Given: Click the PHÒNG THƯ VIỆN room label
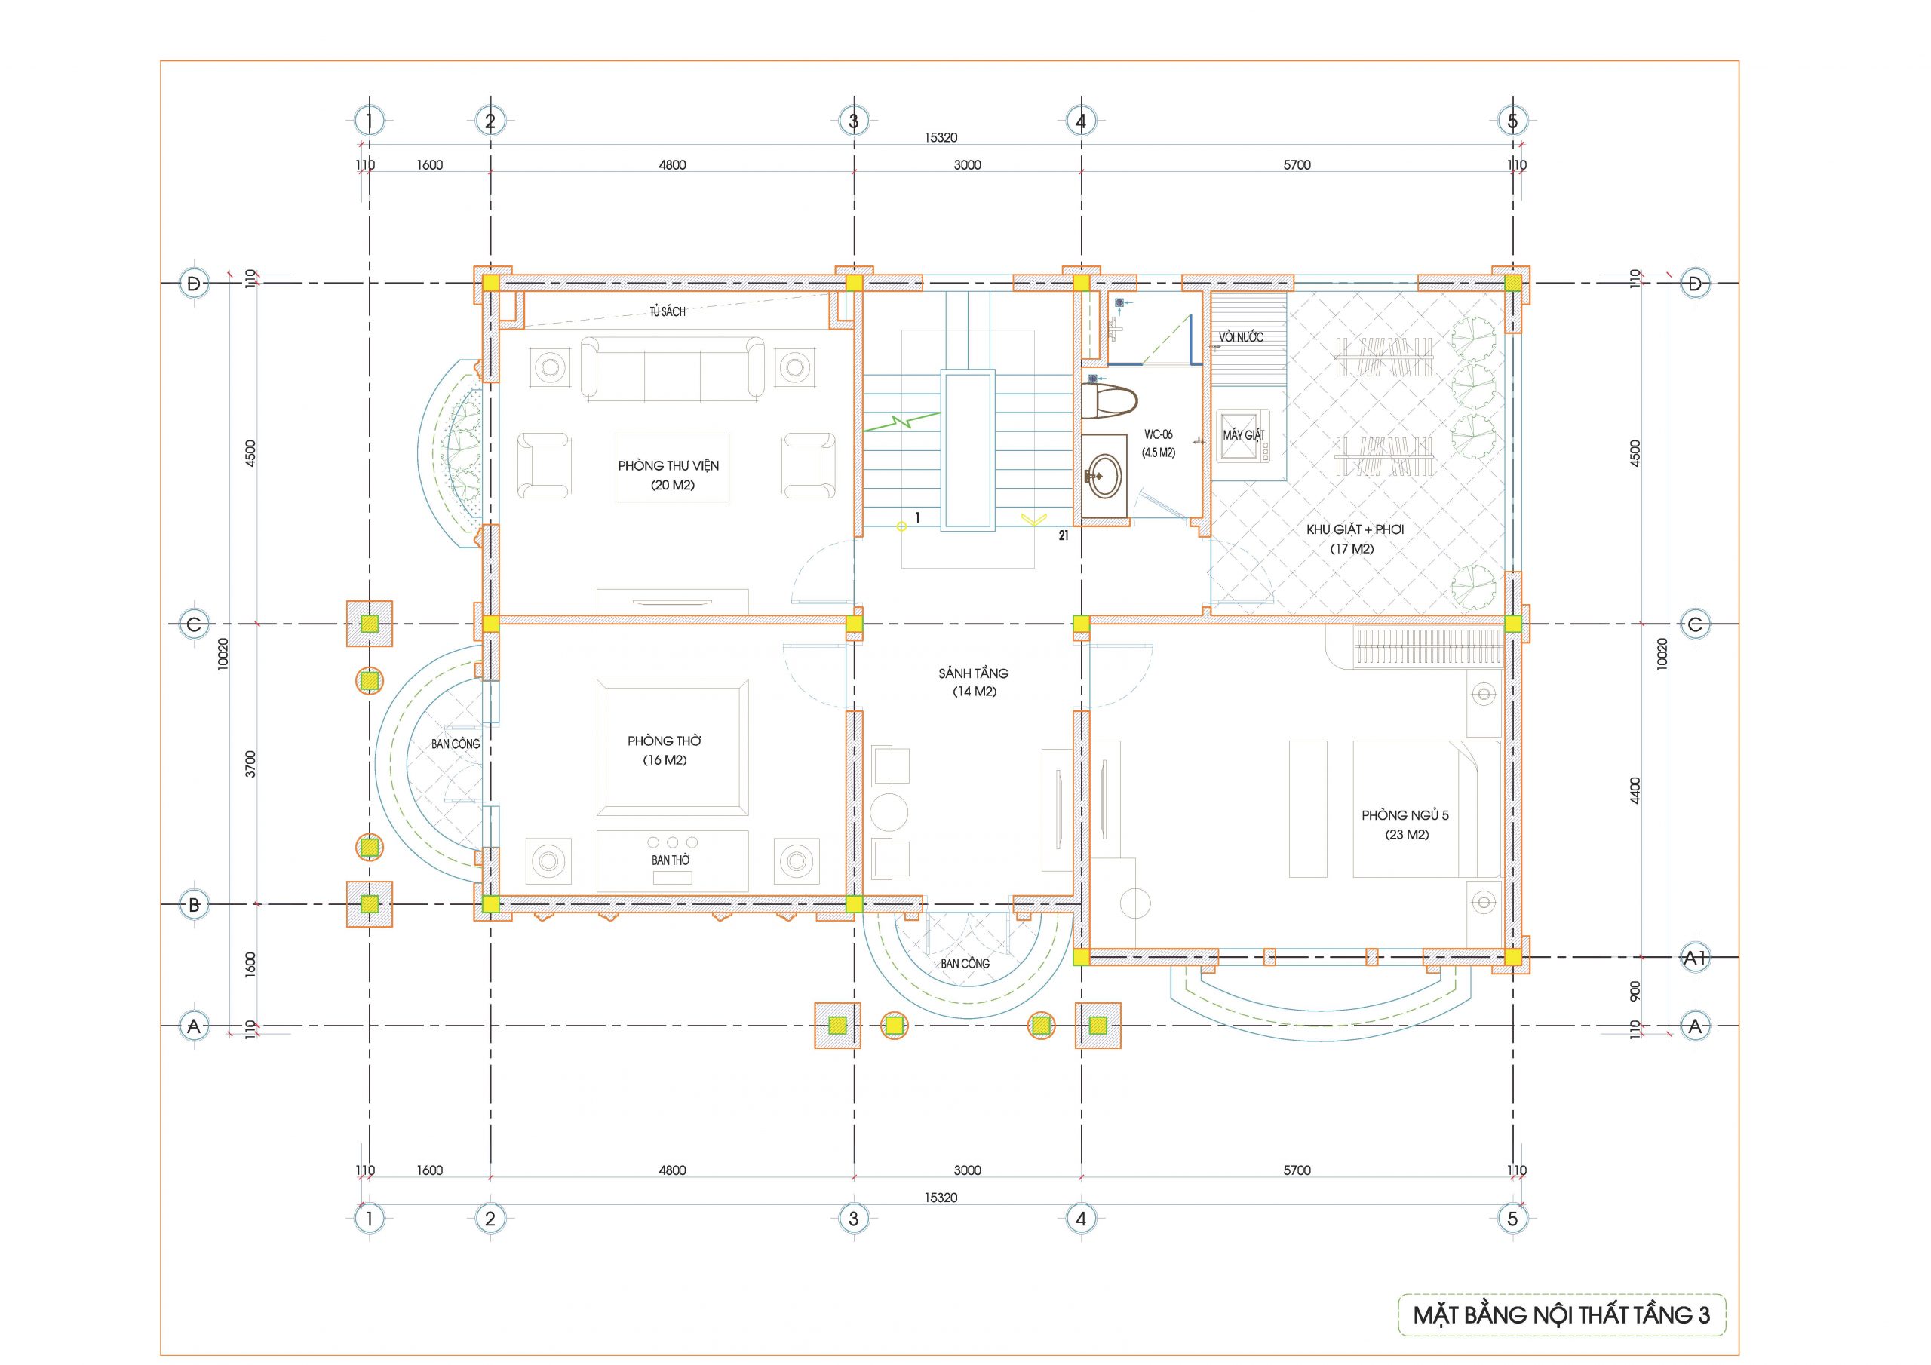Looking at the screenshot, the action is (668, 466).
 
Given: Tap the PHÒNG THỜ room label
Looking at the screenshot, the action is (665, 741).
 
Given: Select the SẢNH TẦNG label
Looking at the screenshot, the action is (973, 673).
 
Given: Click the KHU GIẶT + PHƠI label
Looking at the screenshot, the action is (1355, 530).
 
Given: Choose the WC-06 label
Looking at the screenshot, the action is (1158, 435).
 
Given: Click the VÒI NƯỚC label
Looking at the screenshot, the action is (1242, 337).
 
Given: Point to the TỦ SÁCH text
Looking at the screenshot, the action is (667, 312).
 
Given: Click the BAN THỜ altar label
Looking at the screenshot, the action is (671, 860).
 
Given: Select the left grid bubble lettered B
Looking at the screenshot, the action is (195, 905).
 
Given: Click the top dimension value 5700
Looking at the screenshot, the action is (1297, 165).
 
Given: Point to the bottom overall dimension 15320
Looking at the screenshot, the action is (941, 1197).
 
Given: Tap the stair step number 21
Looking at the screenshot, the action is (1064, 535).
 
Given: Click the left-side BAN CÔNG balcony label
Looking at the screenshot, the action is (456, 744).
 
